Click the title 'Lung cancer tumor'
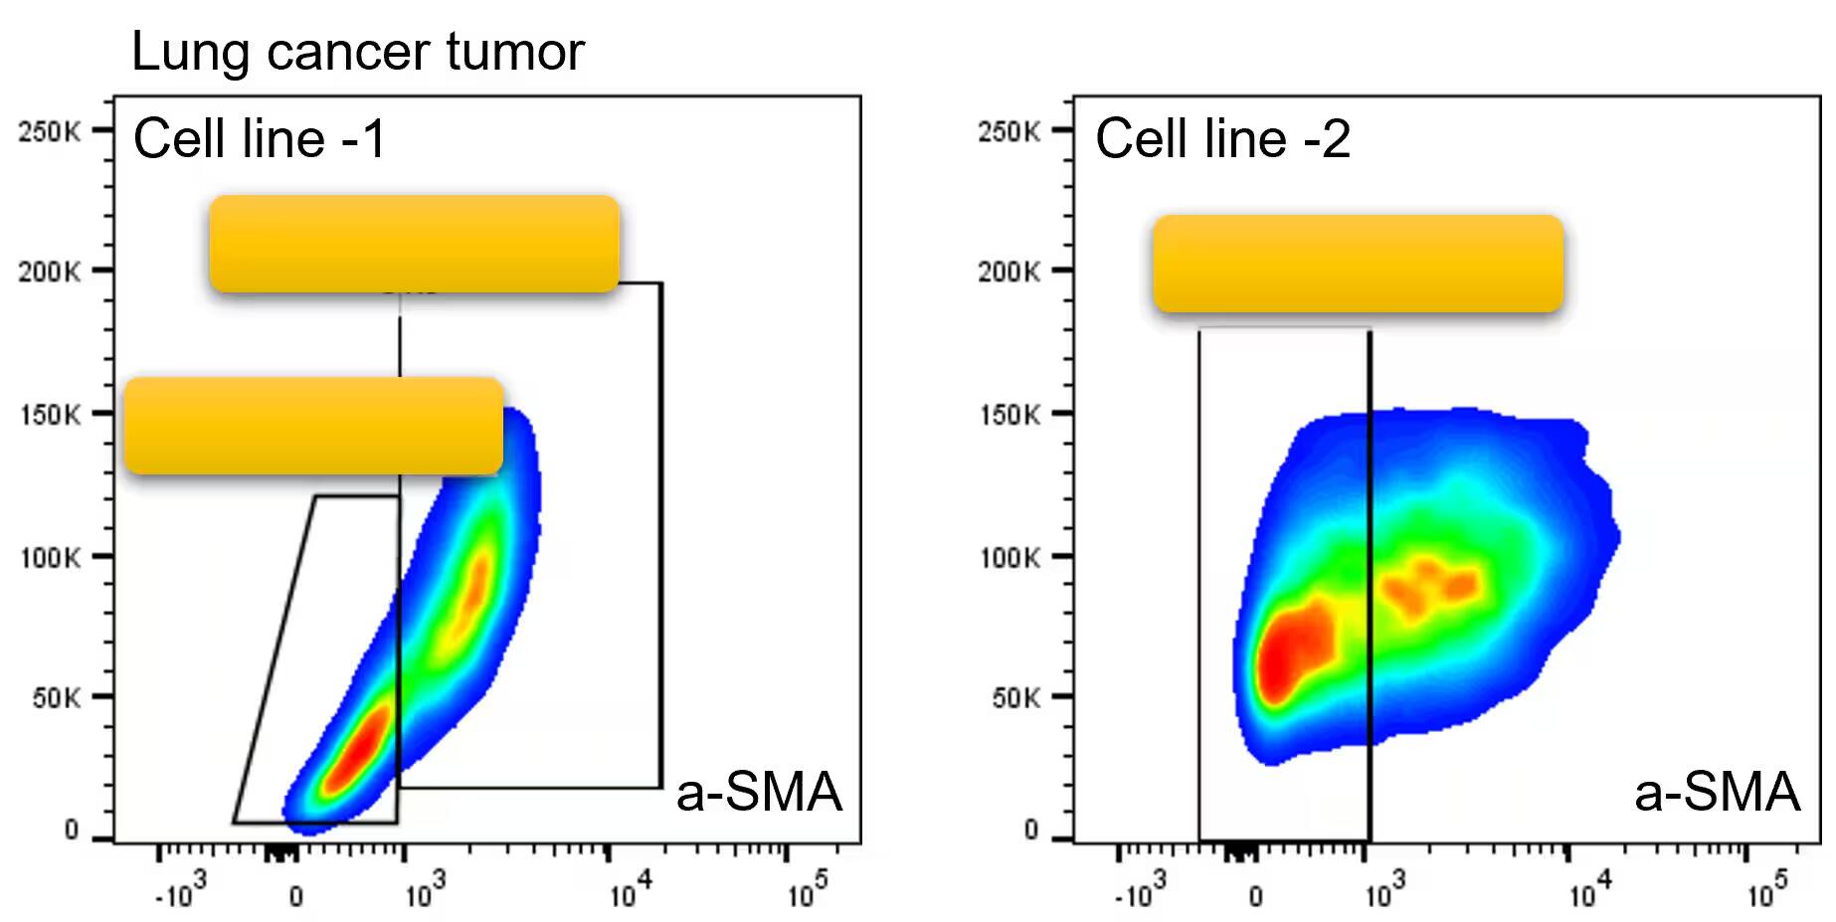pos(357,52)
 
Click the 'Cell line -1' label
pos(260,138)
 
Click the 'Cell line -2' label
pos(1222,138)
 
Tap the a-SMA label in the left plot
pos(759,793)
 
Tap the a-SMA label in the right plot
pos(1717,793)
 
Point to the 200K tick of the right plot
pos(1009,272)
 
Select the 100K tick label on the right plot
pos(1009,558)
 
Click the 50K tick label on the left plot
pos(56,698)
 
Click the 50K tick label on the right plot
pos(1015,698)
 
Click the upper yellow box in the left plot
pos(414,244)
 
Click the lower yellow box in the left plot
pos(313,426)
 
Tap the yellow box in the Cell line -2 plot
pos(1358,264)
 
